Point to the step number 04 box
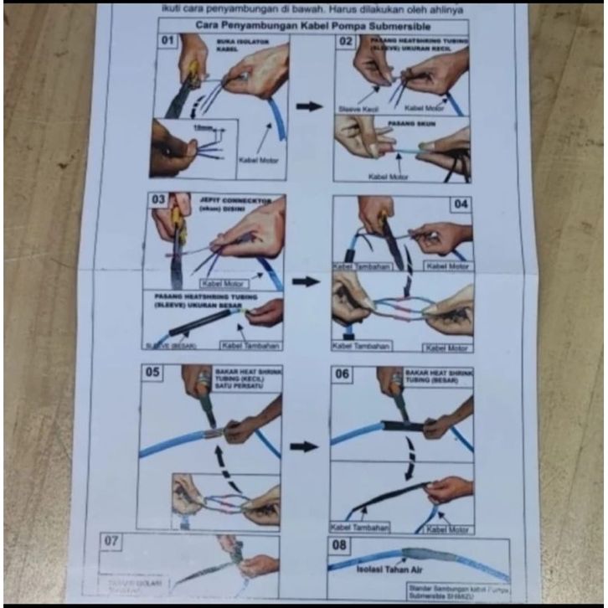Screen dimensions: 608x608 [461, 203]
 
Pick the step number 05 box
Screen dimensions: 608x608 [152, 370]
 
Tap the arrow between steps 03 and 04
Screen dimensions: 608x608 [307, 281]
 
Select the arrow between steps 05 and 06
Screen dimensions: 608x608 [304, 446]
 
